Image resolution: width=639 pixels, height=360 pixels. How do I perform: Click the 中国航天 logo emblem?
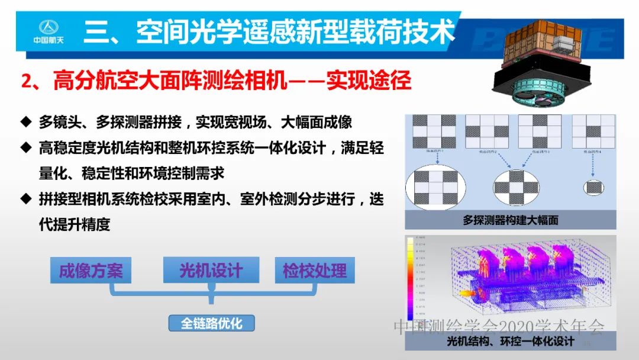46,27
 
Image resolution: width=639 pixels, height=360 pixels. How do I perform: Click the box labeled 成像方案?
91,271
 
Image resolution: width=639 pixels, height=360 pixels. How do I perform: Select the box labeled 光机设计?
211,271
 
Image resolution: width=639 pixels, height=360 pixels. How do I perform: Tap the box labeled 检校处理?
314,271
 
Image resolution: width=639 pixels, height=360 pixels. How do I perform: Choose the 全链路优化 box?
211,323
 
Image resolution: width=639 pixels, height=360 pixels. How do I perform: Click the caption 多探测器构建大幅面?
510,220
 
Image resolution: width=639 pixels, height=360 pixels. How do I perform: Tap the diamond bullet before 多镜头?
25,122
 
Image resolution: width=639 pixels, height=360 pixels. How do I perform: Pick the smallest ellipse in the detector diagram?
593,188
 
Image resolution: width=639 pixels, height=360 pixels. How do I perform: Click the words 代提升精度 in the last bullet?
75,225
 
